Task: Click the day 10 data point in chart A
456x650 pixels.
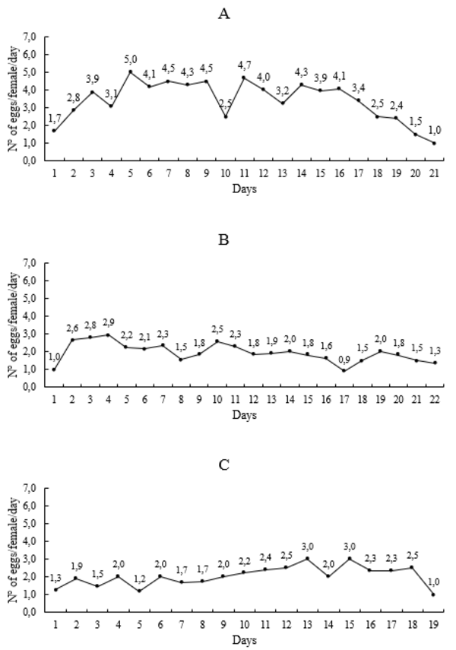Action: pyautogui.click(x=226, y=116)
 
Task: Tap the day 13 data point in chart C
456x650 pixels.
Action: pyautogui.click(x=307, y=558)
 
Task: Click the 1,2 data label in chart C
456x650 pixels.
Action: pyautogui.click(x=139, y=581)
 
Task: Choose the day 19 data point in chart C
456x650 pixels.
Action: pyautogui.click(x=434, y=594)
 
